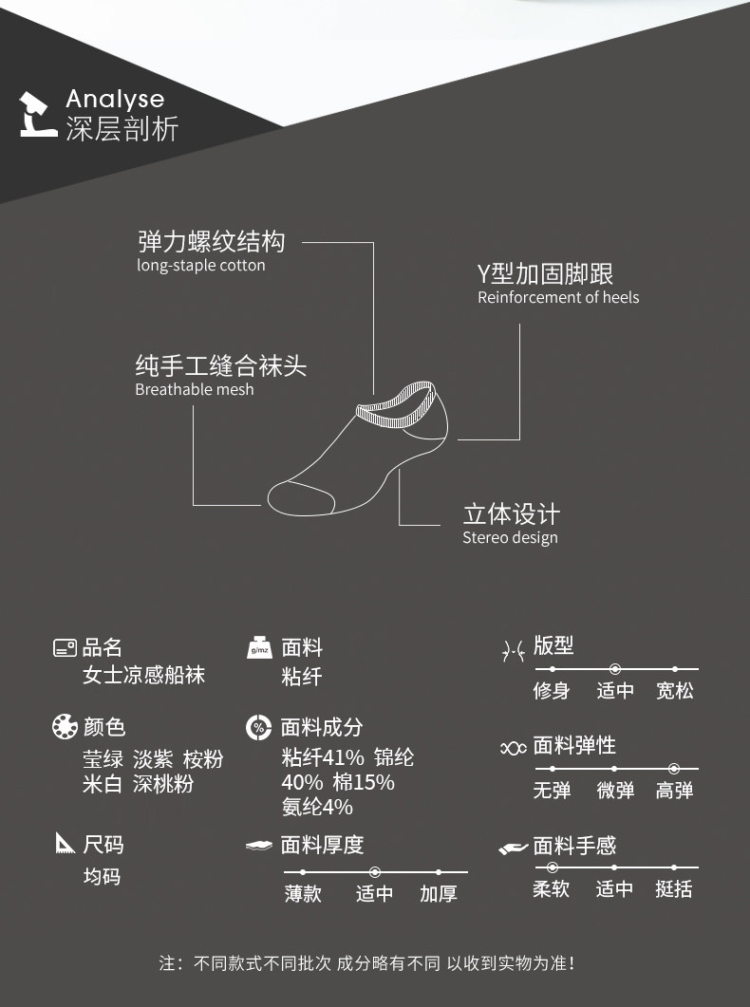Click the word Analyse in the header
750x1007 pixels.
coord(115,99)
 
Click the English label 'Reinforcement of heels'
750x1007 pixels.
coord(558,298)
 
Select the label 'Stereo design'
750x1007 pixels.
coord(510,538)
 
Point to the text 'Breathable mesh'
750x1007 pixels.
coord(195,389)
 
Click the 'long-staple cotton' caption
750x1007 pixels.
coord(201,266)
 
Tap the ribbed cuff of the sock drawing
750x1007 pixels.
coord(396,404)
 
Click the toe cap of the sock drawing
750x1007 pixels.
coord(295,496)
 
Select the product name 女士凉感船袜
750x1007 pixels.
coord(143,676)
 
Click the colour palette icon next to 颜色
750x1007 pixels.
coord(65,728)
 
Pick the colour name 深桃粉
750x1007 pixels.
coord(163,784)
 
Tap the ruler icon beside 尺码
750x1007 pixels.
coord(65,843)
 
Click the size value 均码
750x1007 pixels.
coord(102,876)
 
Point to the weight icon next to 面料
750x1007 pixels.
coord(259,648)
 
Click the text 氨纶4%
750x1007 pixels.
coord(317,807)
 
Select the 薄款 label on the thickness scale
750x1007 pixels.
coord(303,894)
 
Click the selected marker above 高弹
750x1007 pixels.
coord(674,768)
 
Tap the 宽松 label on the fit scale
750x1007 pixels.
coord(675,692)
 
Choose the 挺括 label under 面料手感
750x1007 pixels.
coord(674,889)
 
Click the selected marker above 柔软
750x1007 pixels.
coord(552,867)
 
